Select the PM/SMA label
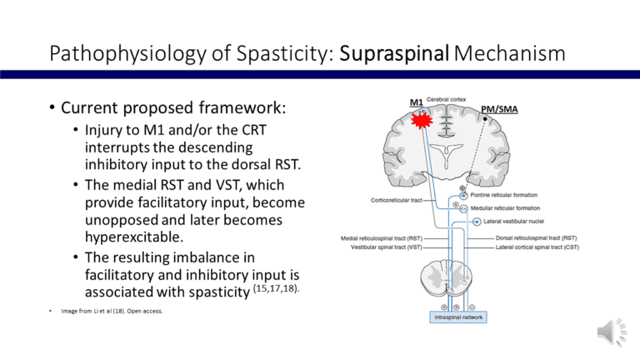point(501,109)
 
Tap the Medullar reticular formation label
point(511,208)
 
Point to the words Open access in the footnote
point(147,312)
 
